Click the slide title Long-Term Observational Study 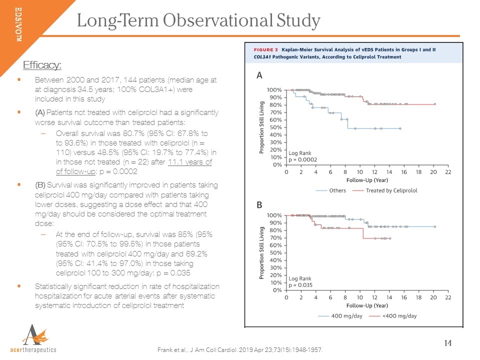tap(198, 20)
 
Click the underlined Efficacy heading tap(42, 65)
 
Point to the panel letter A tap(259, 75)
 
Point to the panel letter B tap(259, 205)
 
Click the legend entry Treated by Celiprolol tap(391, 190)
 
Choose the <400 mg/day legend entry tap(398, 316)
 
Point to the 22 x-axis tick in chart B tap(448, 297)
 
